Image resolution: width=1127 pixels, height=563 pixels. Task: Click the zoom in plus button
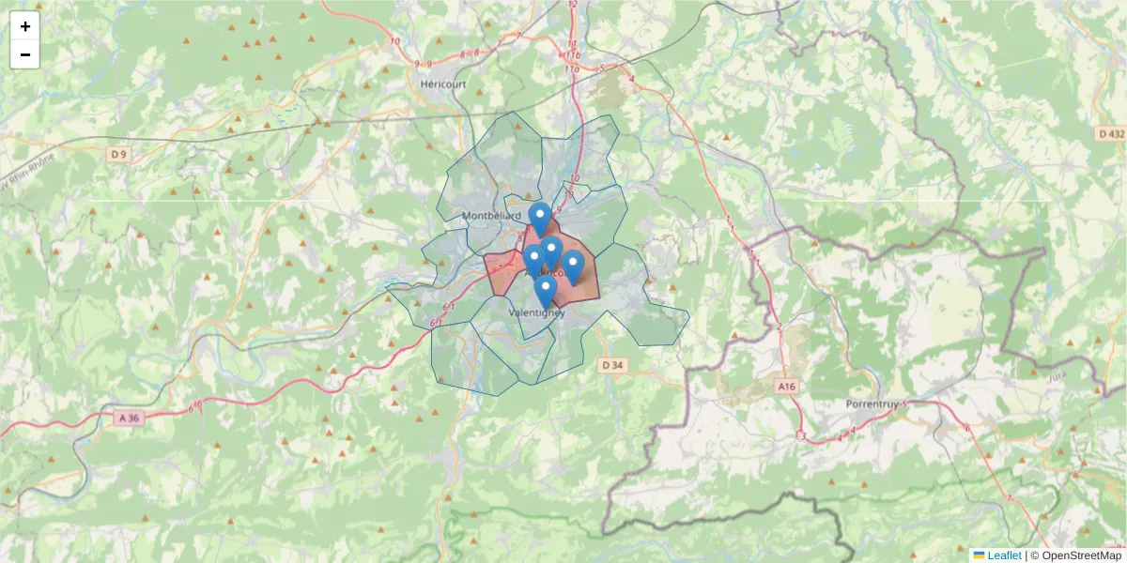pyautogui.click(x=24, y=26)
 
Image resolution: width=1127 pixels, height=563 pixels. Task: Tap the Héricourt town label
pyautogui.click(x=443, y=84)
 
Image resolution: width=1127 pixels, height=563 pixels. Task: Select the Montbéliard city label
pyautogui.click(x=491, y=216)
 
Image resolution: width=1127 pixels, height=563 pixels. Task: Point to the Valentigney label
pyautogui.click(x=536, y=312)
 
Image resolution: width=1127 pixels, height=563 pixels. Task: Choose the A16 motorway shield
pyautogui.click(x=787, y=385)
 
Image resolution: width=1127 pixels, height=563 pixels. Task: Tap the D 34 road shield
pyautogui.click(x=612, y=364)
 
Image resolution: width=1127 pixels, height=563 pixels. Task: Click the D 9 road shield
pyautogui.click(x=117, y=153)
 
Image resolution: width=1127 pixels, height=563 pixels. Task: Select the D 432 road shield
pyautogui.click(x=1110, y=134)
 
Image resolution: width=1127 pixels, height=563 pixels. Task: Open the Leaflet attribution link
pyautogui.click(x=1004, y=555)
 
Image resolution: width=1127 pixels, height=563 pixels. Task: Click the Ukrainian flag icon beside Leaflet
pyautogui.click(x=979, y=555)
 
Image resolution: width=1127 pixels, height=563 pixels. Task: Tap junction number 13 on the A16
pyautogui.click(x=800, y=436)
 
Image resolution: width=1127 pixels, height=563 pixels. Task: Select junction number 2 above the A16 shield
pyautogui.click(x=779, y=327)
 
